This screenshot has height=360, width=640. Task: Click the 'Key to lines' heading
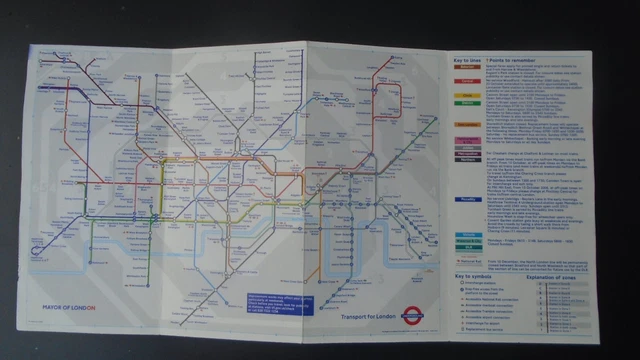point(463,59)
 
